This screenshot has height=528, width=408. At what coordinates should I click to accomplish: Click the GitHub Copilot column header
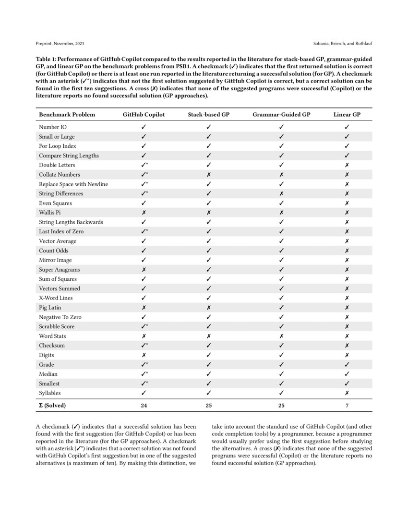coord(144,114)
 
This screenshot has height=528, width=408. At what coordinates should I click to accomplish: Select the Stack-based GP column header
coord(208,114)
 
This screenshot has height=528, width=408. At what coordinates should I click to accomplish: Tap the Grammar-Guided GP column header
coord(281,114)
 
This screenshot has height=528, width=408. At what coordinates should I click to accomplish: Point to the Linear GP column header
coord(347,114)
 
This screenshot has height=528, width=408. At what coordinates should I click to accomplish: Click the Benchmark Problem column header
coord(67,114)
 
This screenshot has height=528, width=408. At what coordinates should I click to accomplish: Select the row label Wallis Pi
coord(50,212)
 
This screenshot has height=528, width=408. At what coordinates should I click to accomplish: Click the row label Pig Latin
coord(49,307)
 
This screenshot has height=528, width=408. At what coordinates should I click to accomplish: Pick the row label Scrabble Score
coord(57,326)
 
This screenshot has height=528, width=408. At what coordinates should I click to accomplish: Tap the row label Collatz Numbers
coord(60,174)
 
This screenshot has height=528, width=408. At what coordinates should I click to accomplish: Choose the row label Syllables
coord(50,393)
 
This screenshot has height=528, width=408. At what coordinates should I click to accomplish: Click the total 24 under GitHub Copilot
coord(144,405)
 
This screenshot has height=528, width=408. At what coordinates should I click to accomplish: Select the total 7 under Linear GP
coord(347,405)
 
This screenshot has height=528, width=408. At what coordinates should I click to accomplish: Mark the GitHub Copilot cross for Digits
coord(144,355)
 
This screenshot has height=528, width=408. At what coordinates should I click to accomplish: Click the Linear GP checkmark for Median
coord(347,374)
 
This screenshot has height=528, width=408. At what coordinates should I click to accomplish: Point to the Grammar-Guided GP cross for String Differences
coord(281,193)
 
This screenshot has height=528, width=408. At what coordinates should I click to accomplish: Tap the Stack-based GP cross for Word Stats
coord(208,336)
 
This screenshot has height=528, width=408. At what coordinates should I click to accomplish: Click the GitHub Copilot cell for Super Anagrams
coord(144,269)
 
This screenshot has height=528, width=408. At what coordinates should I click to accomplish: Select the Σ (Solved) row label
coord(52,405)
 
